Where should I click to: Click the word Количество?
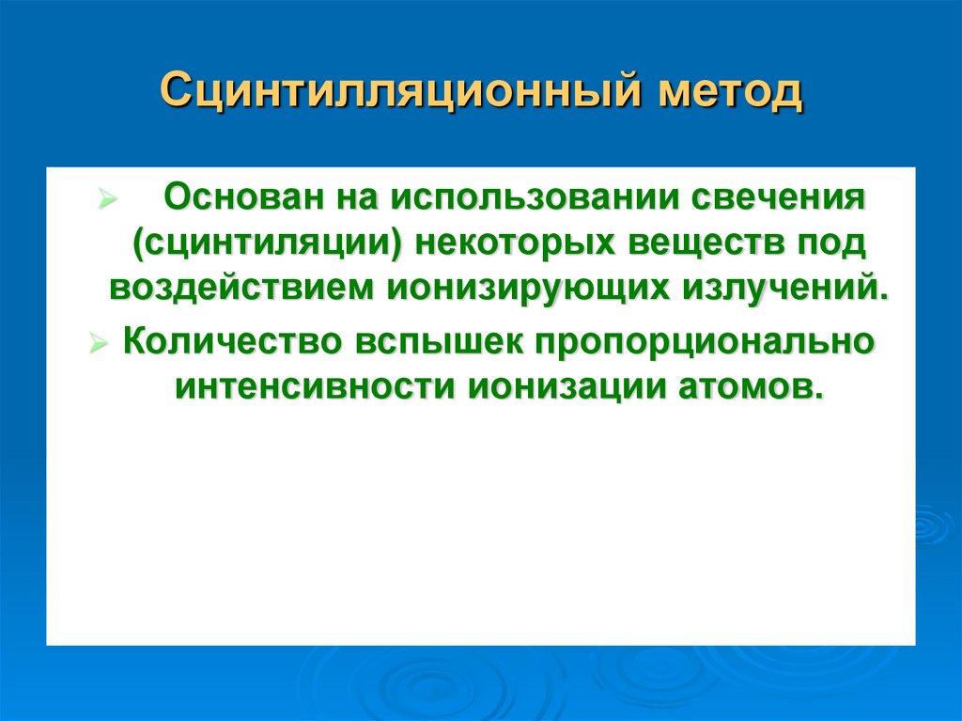[x=231, y=341]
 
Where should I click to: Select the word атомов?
[x=737, y=386]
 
